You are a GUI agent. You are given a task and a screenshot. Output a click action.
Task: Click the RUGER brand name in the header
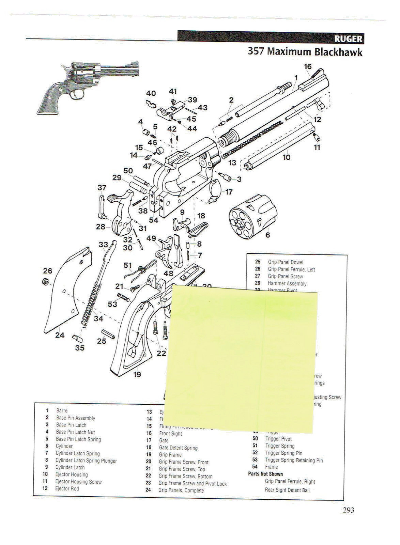coord(348,39)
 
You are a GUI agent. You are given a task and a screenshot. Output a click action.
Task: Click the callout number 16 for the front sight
coord(308,66)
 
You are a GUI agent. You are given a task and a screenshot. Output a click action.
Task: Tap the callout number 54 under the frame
coord(154,220)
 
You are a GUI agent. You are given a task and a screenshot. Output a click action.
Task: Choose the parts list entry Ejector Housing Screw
coord(78,482)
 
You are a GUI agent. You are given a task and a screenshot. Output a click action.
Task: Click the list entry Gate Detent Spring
coord(178,448)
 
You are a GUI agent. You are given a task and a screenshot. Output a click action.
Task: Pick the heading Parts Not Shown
coord(265,474)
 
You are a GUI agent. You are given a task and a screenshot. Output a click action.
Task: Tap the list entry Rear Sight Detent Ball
coord(287,490)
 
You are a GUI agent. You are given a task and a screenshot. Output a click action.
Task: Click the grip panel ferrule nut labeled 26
coord(44,282)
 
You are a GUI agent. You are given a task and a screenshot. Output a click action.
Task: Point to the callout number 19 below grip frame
coord(137,375)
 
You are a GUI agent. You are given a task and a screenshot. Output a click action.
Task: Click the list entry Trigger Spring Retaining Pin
coord(294,460)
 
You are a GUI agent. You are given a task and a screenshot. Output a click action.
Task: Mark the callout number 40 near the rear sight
coord(151,93)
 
